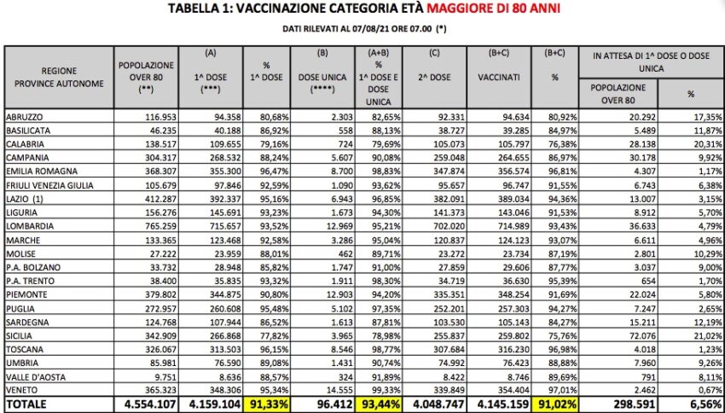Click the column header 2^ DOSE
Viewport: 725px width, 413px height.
(435, 77)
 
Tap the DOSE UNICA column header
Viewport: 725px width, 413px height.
(322, 77)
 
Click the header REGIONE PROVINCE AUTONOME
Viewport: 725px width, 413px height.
(60, 77)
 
